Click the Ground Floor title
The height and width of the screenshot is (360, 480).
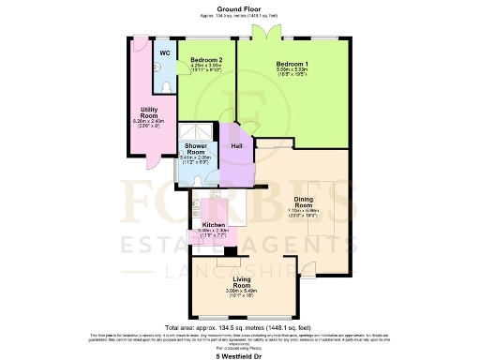240,8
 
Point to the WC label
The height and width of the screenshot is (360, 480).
165,53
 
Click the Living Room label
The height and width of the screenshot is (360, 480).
243,284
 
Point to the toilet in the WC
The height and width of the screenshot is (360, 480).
167,85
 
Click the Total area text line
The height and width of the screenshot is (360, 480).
240,326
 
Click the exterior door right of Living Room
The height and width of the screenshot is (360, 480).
306,274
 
